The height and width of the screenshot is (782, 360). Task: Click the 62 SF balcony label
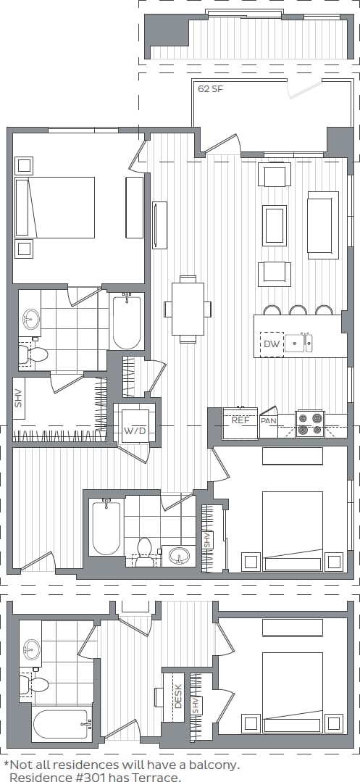point(209,89)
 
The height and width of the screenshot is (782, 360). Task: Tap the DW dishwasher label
point(272,344)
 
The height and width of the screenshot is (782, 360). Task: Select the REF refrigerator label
point(240,420)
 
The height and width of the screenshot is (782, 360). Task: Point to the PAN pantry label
point(269,420)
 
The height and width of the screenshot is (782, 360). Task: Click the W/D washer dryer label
point(135,432)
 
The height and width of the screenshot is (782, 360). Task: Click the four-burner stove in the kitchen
point(310,424)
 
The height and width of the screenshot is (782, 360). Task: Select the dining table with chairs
point(188,309)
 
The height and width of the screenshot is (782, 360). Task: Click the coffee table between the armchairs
point(274,225)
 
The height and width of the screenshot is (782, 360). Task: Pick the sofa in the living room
point(322,225)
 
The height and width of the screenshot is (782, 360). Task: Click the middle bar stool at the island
point(298,310)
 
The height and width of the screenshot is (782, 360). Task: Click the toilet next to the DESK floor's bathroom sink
point(34,683)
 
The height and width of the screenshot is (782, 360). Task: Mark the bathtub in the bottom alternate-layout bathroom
point(62,722)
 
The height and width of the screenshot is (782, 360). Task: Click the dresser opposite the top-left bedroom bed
point(135,207)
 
